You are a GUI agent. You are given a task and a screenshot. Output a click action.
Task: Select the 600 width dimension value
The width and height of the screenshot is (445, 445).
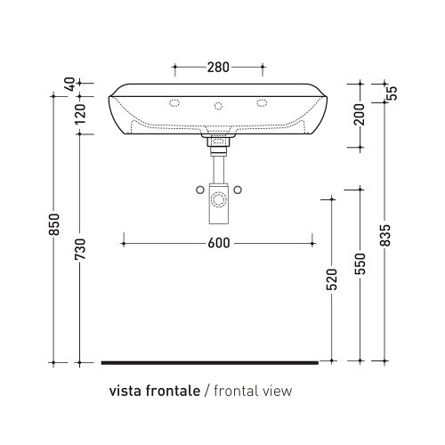click(x=218, y=241)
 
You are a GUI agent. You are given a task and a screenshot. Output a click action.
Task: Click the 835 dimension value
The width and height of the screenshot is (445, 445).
click(x=385, y=231)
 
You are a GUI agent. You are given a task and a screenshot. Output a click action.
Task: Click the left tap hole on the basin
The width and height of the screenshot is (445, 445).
click(x=174, y=103)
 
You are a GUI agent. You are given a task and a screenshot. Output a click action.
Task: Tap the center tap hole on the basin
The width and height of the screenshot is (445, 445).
click(x=218, y=106)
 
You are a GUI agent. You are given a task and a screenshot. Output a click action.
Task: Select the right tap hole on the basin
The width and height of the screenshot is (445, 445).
click(x=262, y=103)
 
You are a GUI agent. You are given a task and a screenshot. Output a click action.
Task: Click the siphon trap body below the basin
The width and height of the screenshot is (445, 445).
click(x=218, y=203)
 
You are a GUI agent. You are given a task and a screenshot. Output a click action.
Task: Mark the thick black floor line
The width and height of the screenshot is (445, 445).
click(x=209, y=362)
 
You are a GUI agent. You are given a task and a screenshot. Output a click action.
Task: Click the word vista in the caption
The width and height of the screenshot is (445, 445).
click(x=125, y=391)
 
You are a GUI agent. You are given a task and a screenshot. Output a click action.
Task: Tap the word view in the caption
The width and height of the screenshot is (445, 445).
click(x=276, y=391)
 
